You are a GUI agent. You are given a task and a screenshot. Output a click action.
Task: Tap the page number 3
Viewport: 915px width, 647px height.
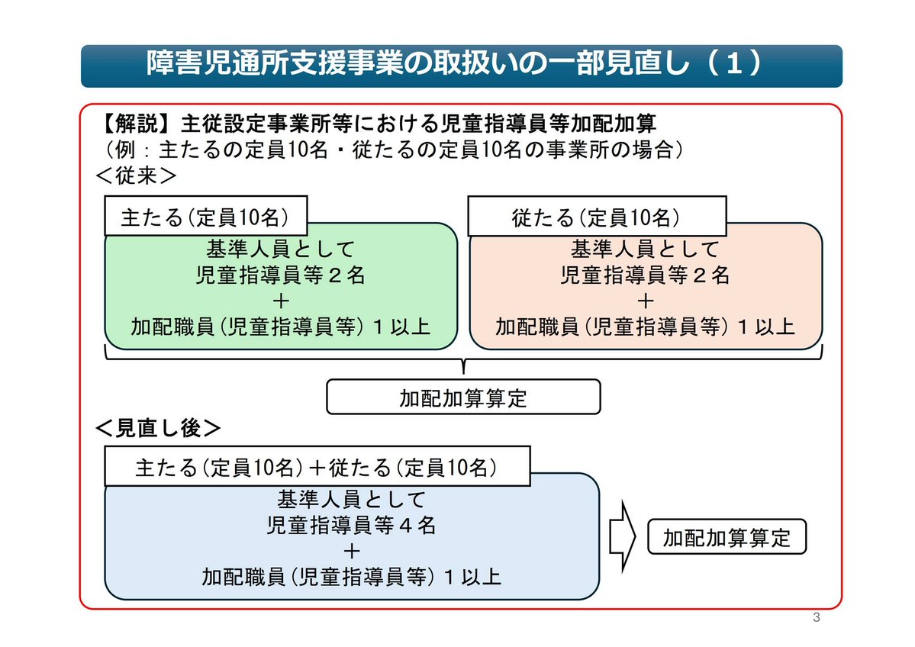click(816, 617)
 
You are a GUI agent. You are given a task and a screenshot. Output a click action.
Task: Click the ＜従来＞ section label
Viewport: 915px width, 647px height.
click(136, 175)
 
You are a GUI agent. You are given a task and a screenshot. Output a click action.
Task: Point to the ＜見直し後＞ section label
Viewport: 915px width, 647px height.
click(158, 428)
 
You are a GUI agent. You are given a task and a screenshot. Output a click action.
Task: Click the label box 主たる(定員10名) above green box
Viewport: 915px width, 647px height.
click(205, 217)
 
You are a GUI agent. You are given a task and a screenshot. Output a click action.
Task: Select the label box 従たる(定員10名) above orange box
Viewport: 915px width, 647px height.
click(596, 217)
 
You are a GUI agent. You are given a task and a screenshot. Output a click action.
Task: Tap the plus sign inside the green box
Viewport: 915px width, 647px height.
click(281, 301)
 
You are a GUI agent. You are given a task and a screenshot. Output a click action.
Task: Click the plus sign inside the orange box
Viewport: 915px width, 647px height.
click(645, 301)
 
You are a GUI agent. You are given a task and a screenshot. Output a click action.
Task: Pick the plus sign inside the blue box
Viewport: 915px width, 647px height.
click(352, 551)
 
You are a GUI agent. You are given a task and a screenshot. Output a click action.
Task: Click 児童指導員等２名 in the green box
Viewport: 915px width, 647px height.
click(281, 275)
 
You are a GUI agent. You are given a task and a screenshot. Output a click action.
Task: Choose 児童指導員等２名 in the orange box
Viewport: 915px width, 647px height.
click(645, 275)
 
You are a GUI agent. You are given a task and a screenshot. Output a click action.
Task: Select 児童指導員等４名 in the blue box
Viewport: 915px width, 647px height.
click(352, 526)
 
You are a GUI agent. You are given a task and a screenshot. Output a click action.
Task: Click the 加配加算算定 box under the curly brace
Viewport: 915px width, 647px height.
click(463, 398)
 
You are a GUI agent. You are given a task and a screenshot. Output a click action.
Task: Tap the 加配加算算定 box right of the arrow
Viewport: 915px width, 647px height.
click(727, 538)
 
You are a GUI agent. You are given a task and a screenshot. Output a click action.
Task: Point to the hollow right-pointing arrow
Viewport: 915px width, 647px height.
click(623, 537)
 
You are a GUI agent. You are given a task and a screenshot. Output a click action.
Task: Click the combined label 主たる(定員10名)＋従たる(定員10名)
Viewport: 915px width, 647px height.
click(317, 467)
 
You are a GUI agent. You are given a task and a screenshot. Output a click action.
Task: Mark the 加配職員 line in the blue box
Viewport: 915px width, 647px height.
click(352, 576)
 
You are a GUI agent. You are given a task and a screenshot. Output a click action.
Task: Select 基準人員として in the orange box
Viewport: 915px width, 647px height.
click(645, 249)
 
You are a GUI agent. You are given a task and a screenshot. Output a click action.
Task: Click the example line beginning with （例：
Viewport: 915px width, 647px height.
click(389, 150)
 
